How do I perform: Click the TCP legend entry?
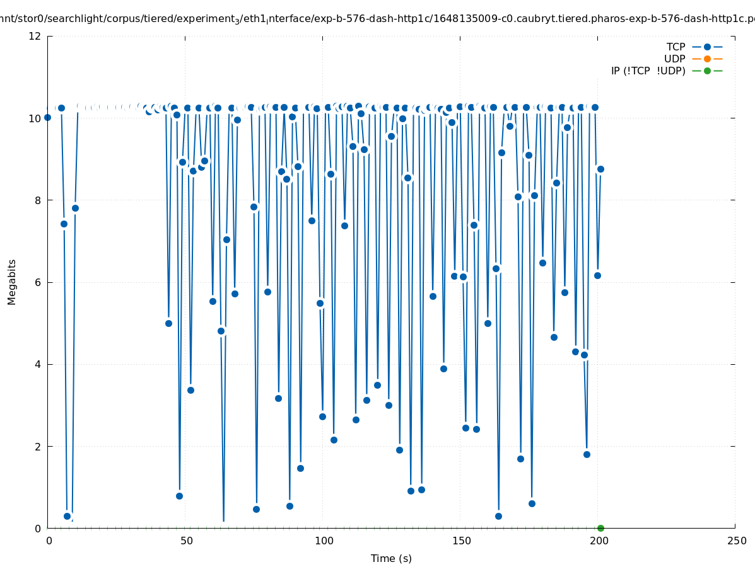(x=676, y=47)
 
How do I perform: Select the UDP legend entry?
(x=674, y=59)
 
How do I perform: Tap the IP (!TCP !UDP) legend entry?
(x=648, y=71)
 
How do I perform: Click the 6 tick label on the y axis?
(x=38, y=282)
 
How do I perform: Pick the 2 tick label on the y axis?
(x=38, y=446)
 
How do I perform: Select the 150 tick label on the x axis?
(x=461, y=541)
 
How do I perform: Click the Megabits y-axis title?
(x=12, y=282)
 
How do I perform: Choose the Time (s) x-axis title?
(x=391, y=558)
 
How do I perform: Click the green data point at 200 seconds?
(x=600, y=528)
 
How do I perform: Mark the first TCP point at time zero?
(x=47, y=117)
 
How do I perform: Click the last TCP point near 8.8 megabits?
(x=600, y=169)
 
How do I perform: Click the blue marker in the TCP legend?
(x=707, y=47)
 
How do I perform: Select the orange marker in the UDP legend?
(x=707, y=59)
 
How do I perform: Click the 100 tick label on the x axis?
(x=324, y=541)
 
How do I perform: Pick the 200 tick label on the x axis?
(x=599, y=541)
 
